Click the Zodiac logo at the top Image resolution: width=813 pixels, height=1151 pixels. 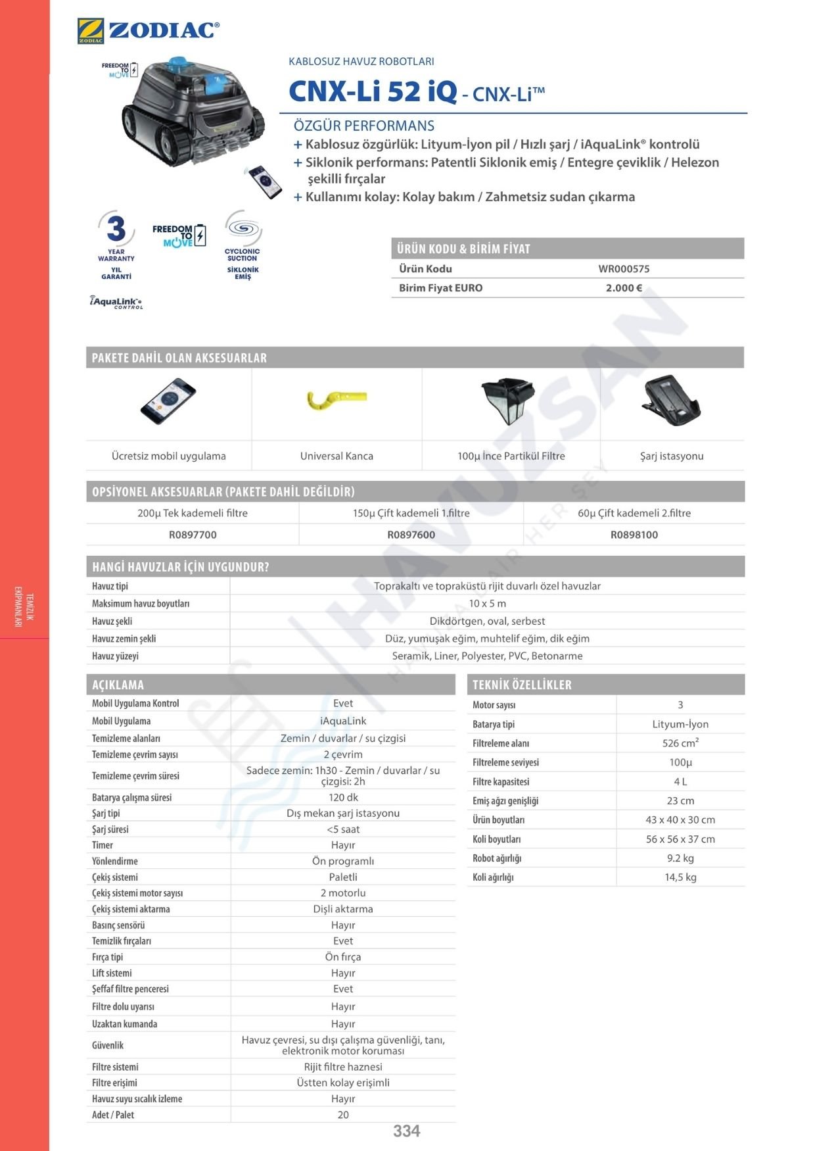coord(148,31)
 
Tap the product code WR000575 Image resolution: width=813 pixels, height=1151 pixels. coord(624,268)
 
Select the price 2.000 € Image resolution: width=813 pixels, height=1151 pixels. coord(624,287)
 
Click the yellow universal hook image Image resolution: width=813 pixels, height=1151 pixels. coord(336,399)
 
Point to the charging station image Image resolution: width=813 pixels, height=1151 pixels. coord(671,401)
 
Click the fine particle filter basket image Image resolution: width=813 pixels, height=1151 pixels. coord(508,401)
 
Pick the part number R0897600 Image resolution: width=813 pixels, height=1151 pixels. coord(411,535)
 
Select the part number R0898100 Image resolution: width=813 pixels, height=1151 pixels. coord(634,535)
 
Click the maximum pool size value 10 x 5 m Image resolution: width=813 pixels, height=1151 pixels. coord(487,603)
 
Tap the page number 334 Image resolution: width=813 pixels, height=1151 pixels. coord(406,1131)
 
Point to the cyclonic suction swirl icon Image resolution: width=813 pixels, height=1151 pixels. coord(243,228)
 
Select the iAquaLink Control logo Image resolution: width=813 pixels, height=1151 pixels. coord(116,302)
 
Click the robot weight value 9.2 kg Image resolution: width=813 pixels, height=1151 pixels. coord(680,858)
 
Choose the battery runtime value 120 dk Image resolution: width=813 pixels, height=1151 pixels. coord(343,797)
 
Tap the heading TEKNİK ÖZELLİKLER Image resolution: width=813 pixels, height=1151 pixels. coord(522,685)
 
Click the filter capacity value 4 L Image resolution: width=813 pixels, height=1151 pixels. coord(680,781)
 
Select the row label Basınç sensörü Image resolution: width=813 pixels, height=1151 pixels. coord(118,925)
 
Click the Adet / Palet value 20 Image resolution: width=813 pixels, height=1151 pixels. coord(343,1114)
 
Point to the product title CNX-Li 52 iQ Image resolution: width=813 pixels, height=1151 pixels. coord(373,91)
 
